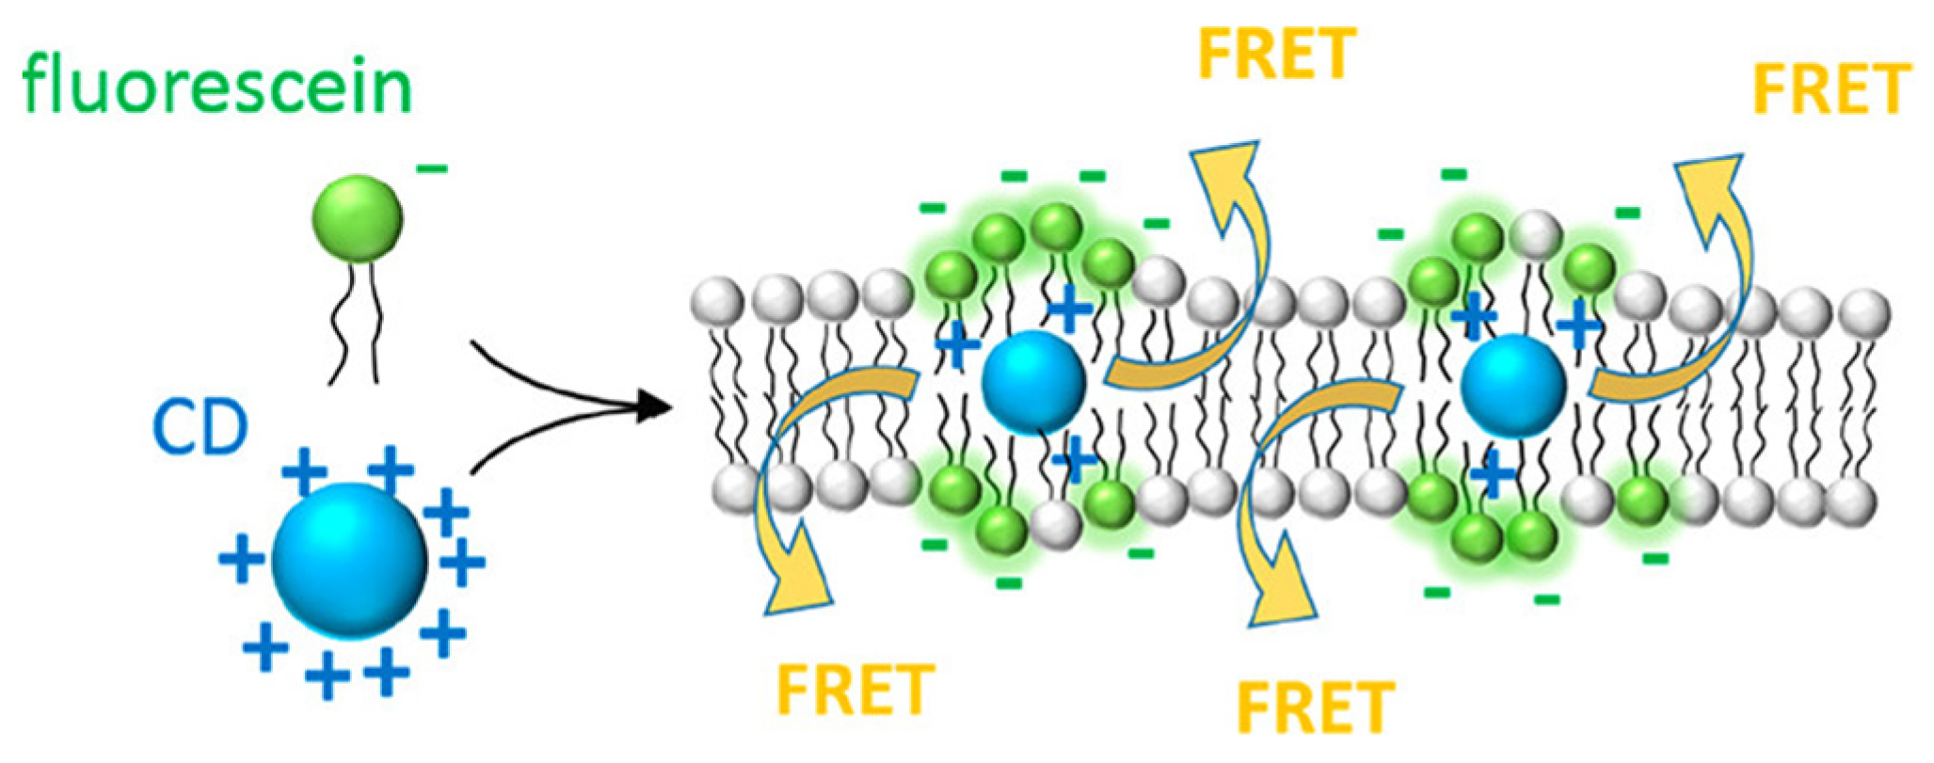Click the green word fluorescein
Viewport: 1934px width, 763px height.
[217, 86]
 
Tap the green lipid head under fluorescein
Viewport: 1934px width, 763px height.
[358, 220]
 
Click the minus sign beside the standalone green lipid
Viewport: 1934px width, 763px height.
[432, 169]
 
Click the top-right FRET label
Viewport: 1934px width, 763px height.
[1831, 89]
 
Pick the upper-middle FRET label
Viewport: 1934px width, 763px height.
[1277, 53]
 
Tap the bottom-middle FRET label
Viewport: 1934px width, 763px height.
[1315, 707]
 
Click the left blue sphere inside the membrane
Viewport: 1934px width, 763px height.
[1033, 382]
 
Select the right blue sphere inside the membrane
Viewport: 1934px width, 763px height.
[1513, 386]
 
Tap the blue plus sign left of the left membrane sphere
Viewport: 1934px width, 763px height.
[958, 345]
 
